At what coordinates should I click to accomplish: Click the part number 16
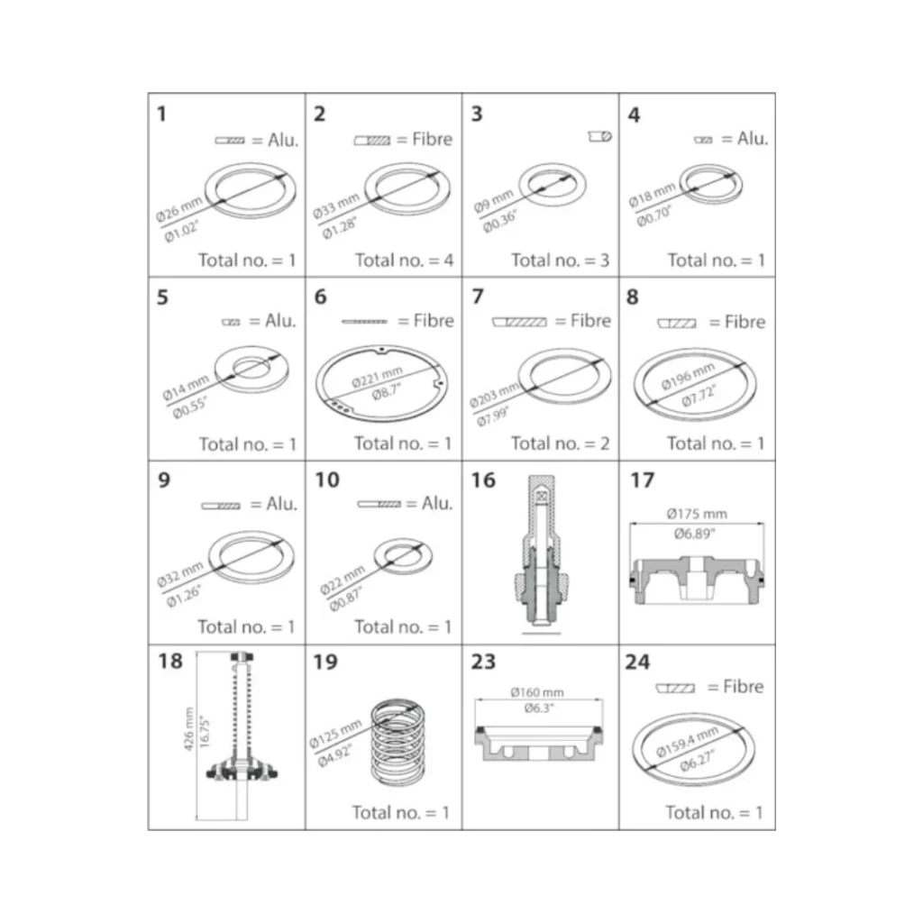click(x=483, y=480)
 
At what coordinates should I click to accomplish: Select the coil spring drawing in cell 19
click(x=398, y=743)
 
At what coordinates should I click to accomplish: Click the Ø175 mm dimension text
click(x=697, y=514)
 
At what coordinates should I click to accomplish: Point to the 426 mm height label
click(x=188, y=728)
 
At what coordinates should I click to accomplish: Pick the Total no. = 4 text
click(x=405, y=260)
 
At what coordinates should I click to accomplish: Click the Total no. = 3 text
click(x=561, y=260)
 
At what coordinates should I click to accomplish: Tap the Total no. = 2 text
click(x=561, y=443)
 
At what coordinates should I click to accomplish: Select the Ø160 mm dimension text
click(x=537, y=692)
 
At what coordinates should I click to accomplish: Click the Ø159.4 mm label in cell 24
click(x=687, y=742)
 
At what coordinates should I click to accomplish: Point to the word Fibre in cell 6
click(x=434, y=321)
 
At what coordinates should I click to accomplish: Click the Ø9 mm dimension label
click(x=493, y=201)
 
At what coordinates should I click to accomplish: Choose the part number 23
click(x=483, y=662)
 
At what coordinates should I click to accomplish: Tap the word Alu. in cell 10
click(x=437, y=503)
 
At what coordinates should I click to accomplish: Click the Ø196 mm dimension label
click(x=688, y=377)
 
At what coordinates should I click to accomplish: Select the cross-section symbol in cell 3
click(x=599, y=137)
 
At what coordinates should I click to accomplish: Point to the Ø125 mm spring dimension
click(x=335, y=735)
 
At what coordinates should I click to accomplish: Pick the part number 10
click(x=327, y=480)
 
